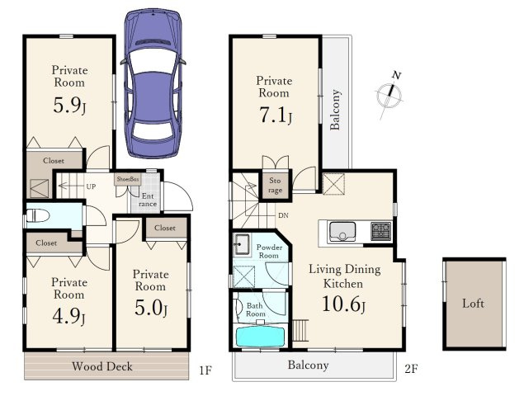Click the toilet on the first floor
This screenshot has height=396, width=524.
[37, 215]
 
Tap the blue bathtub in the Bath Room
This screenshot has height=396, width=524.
[260, 337]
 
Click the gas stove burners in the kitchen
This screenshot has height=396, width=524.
[380, 231]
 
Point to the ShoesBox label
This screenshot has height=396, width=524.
[128, 179]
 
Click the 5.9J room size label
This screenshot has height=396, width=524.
[69, 105]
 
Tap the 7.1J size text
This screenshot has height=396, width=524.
[276, 115]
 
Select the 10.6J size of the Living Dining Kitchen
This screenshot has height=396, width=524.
[343, 304]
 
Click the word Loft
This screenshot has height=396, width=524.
[473, 304]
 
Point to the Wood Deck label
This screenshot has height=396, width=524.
[102, 366]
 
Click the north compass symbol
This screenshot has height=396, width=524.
[389, 95]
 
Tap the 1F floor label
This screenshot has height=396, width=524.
[205, 370]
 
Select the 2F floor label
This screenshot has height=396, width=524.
[411, 369]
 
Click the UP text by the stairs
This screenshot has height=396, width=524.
[91, 186]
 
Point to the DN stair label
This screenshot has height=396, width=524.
[283, 215]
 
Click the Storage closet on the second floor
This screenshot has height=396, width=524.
[275, 185]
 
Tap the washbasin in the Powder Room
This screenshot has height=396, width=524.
[242, 244]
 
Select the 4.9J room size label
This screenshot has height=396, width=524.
[68, 316]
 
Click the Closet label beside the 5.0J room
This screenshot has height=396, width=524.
[165, 228]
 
